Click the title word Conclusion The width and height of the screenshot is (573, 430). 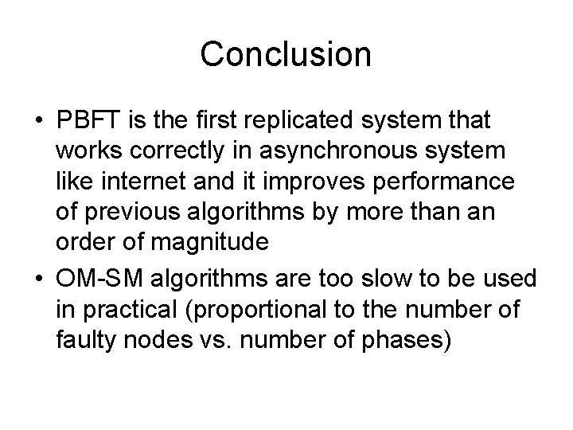click(286, 54)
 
